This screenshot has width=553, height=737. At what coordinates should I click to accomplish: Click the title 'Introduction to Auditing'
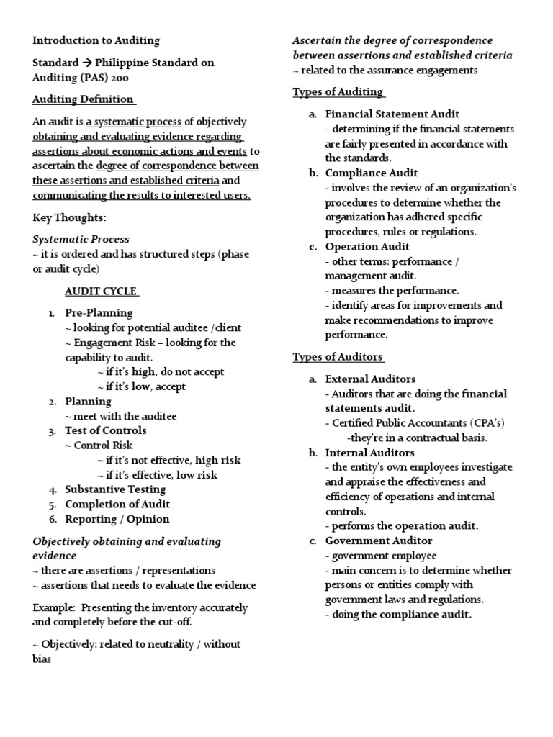point(96,40)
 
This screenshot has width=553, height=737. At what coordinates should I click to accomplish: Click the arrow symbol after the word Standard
point(84,63)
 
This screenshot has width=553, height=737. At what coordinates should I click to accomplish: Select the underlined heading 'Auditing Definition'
point(84,99)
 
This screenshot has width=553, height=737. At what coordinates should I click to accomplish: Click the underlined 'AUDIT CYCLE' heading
point(101,291)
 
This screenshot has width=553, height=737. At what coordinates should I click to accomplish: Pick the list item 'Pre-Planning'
point(99,314)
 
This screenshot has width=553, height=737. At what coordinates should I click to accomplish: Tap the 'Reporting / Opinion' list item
point(117,519)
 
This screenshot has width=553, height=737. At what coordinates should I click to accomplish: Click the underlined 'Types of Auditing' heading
point(338,91)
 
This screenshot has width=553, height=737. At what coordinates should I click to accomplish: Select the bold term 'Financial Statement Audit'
point(392,114)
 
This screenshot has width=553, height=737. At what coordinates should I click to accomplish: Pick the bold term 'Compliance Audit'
point(371,173)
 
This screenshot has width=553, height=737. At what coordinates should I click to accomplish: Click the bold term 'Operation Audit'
point(368,246)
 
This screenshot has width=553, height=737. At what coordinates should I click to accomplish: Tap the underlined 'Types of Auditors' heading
point(338,357)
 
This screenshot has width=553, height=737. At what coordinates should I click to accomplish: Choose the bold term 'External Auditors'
point(370,379)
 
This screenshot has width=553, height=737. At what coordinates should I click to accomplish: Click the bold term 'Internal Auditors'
point(369,453)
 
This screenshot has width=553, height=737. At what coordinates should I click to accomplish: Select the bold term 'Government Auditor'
point(379,541)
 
